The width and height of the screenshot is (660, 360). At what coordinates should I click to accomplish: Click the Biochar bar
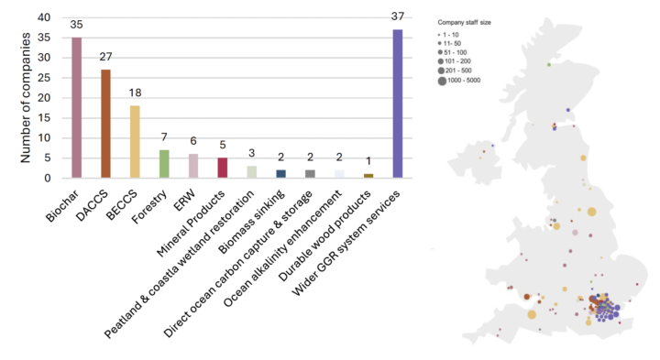coord(77,108)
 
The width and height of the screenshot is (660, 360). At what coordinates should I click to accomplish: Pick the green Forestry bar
coord(164,164)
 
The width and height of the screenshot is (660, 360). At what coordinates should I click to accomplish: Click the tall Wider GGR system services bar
coord(398,104)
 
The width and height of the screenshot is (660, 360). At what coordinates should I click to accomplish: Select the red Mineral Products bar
coord(223,168)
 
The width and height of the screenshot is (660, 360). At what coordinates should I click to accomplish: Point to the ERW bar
coord(193,166)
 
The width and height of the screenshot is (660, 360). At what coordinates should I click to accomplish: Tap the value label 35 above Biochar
coord(77,27)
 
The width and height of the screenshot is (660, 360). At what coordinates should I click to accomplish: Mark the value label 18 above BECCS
coord(135,94)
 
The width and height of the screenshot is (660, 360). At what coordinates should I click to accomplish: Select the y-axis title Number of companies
coord(27,96)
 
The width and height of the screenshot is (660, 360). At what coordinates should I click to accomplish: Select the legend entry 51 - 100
coord(460,52)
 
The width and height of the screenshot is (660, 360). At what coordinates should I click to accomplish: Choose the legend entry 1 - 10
coord(458,34)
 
